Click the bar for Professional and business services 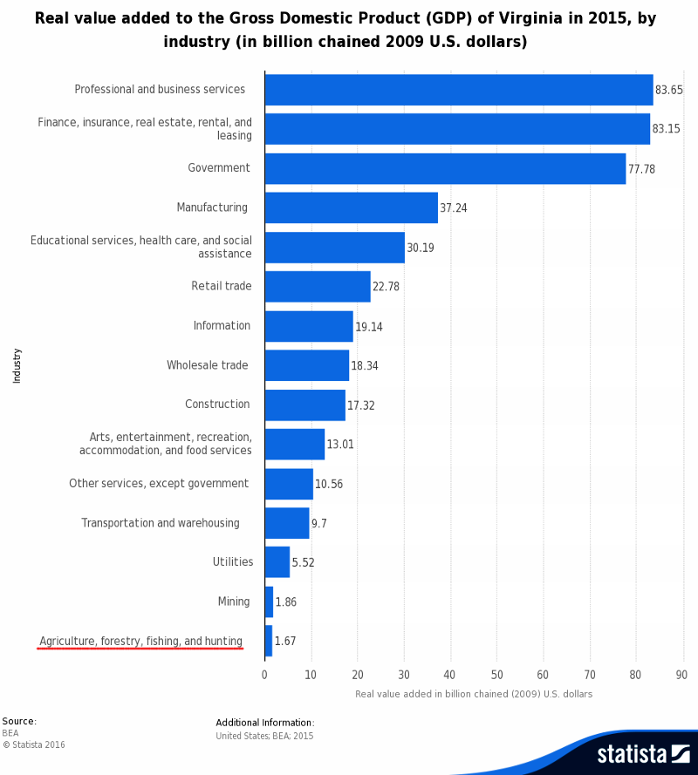coord(458,90)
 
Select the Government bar coord(445,168)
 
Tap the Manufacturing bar coord(351,207)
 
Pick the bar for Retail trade coord(318,286)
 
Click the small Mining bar coord(269,602)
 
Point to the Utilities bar coord(277,562)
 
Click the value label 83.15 coord(666,129)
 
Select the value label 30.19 coord(420,248)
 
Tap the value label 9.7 coord(319,523)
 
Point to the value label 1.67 coord(285,642)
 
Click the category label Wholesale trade coord(208,365)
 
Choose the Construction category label coord(217,404)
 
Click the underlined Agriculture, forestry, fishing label coord(140,642)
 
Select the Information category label coord(222,326)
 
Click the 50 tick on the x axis coord(496,674)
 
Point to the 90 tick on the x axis coord(681,674)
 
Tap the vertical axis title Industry coord(17,365)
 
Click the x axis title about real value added coord(474,694)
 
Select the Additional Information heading coord(264,723)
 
